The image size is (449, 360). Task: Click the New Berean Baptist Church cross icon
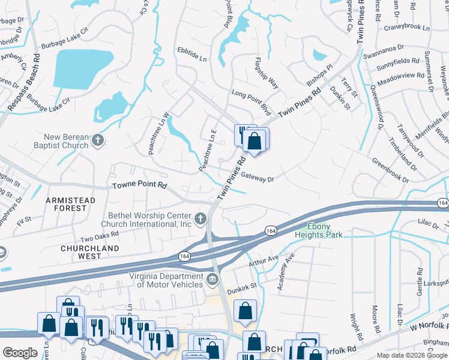click(98, 142)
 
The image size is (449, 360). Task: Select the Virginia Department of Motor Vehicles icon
click(212, 280)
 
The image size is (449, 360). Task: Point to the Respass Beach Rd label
click(25, 83)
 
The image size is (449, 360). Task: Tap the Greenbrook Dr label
click(390, 170)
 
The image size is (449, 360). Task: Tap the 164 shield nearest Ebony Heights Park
click(271, 230)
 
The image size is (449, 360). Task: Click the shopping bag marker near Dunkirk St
click(245, 311)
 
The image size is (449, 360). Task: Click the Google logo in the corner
click(20, 353)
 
